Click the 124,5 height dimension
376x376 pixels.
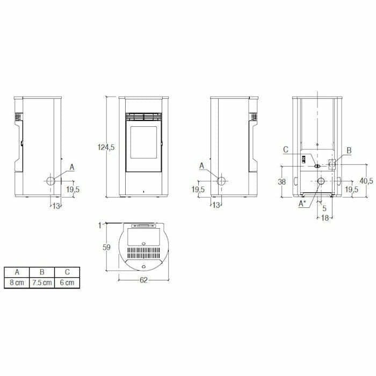(106, 147)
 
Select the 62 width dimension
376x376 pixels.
(143, 280)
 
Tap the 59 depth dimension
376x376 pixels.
(106, 247)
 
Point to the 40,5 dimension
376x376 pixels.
(366, 181)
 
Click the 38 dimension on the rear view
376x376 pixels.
(282, 182)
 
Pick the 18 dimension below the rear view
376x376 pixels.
(324, 218)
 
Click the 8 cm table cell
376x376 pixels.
(17, 283)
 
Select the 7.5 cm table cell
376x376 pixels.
(42, 283)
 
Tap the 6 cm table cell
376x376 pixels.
(67, 283)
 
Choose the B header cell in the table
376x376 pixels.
(42, 272)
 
